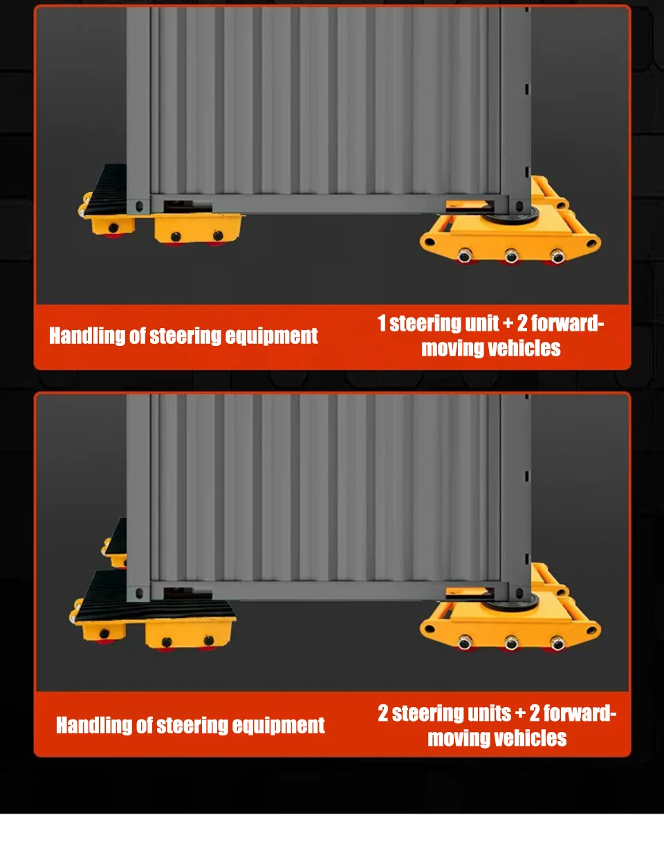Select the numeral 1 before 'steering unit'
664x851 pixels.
click(x=382, y=323)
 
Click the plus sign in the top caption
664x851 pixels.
click(x=508, y=324)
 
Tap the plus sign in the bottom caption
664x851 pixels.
click(x=520, y=713)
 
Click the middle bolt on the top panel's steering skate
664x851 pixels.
click(x=511, y=256)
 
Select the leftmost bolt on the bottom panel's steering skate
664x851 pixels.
click(x=465, y=643)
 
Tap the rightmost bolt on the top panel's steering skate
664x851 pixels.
click(x=557, y=256)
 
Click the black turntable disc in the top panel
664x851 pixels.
click(x=509, y=217)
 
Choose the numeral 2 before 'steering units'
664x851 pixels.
click(x=383, y=713)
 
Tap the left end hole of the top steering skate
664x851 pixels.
click(x=429, y=241)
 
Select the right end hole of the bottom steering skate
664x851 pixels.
click(x=591, y=630)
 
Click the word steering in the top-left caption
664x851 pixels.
click(x=185, y=336)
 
